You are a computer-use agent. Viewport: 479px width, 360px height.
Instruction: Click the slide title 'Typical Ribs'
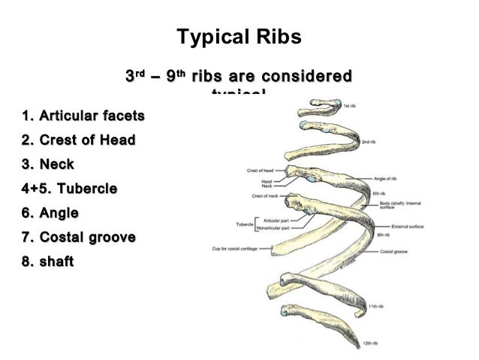[x=238, y=37]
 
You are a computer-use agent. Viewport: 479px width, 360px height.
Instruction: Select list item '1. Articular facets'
[x=83, y=116]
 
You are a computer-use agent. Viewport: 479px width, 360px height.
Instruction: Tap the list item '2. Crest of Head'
[x=78, y=140]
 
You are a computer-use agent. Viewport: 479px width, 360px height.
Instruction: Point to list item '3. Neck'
[x=49, y=164]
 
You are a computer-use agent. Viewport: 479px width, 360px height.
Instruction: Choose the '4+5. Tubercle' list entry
[x=69, y=189]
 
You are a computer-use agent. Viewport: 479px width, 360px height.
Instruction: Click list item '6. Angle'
[x=50, y=213]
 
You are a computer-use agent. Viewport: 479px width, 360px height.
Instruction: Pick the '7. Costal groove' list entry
[x=79, y=237]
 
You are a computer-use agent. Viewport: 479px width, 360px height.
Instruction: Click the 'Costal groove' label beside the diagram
[x=394, y=251]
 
